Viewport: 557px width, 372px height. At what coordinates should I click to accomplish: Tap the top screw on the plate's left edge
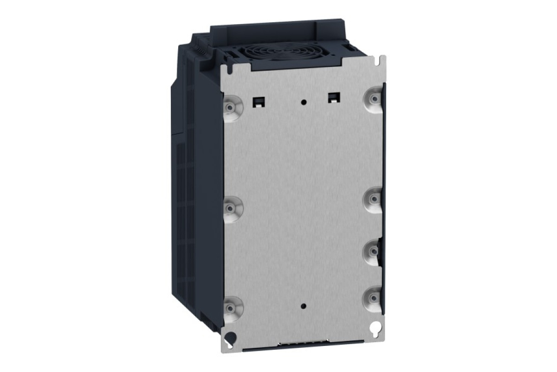tap(230, 108)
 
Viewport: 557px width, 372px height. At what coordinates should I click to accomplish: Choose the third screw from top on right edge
tap(374, 251)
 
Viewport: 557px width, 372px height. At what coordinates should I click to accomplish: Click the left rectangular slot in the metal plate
tap(256, 100)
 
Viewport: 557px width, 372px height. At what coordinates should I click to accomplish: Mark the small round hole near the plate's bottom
tap(304, 306)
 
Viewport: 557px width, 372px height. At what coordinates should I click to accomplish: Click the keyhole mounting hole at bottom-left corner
tap(229, 337)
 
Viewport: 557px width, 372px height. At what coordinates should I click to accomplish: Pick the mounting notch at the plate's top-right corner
tap(382, 60)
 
